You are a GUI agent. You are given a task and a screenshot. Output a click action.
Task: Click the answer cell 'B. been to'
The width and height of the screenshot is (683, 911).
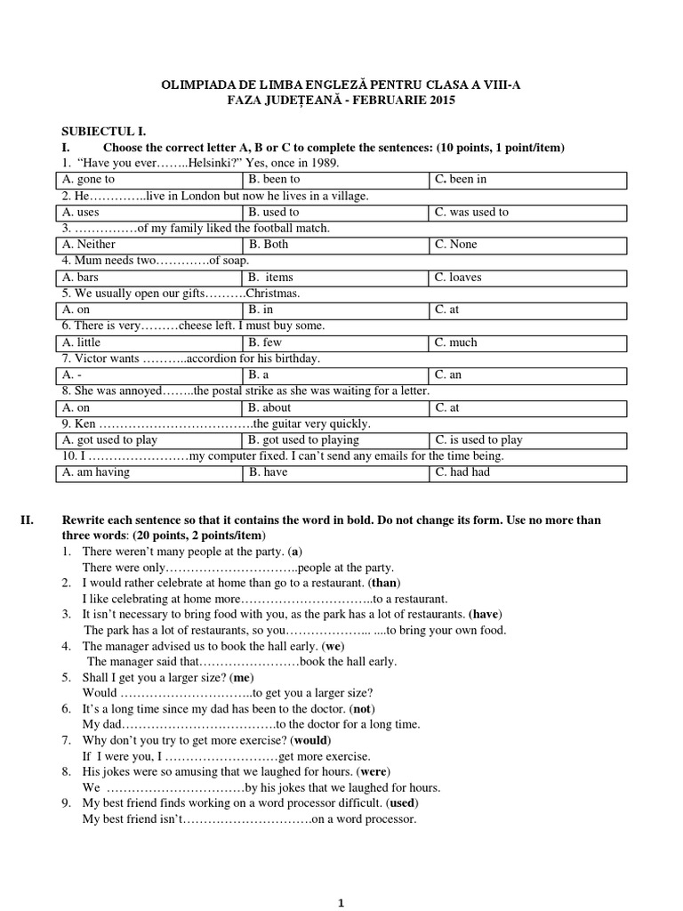tap(335, 180)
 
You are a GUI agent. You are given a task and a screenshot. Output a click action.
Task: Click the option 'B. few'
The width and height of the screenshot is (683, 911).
tap(335, 343)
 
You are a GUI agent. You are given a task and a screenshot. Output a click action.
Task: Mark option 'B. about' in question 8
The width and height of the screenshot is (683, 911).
tap(335, 407)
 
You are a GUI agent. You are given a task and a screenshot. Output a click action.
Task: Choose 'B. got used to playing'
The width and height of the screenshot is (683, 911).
tap(335, 440)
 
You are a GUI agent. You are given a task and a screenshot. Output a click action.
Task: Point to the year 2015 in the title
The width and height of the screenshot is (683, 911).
tap(439, 101)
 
